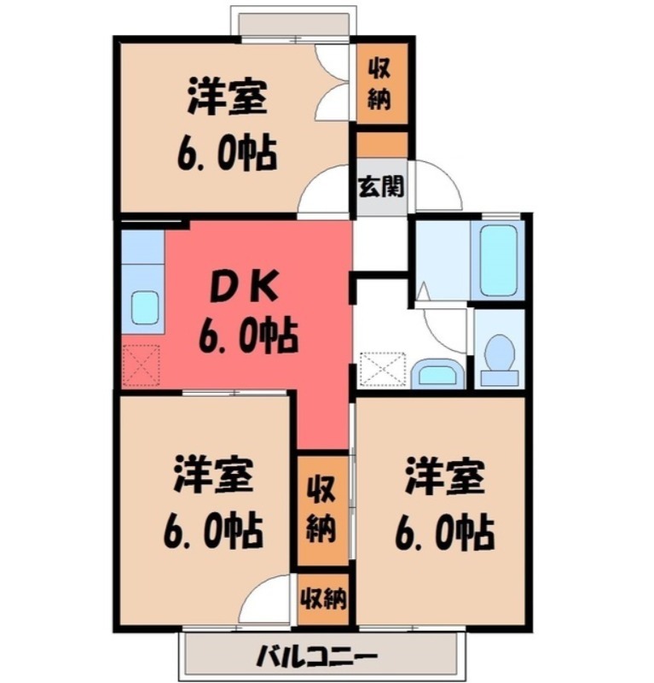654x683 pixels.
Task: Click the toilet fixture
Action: coord(499,358)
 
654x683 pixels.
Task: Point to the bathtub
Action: coord(497,260)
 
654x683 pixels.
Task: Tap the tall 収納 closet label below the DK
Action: coord(321,509)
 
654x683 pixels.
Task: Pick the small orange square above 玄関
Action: coord(380,144)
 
